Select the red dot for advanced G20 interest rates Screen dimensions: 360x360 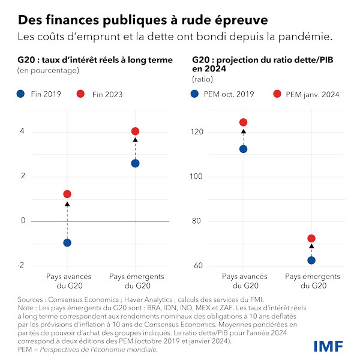(x=67, y=194)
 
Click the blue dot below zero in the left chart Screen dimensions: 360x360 (x=67, y=242)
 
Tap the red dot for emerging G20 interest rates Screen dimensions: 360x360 (x=135, y=131)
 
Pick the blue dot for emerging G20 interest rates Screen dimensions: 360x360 (x=135, y=163)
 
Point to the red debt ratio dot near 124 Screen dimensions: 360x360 (x=243, y=122)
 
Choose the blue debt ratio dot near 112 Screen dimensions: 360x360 (x=243, y=149)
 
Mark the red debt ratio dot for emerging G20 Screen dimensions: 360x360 (x=311, y=238)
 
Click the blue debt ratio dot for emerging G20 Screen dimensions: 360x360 (x=311, y=260)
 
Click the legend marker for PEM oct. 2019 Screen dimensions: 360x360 (x=195, y=94)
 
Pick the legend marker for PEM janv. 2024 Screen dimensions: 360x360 (x=277, y=94)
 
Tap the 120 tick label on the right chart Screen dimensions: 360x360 (x=199, y=131)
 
